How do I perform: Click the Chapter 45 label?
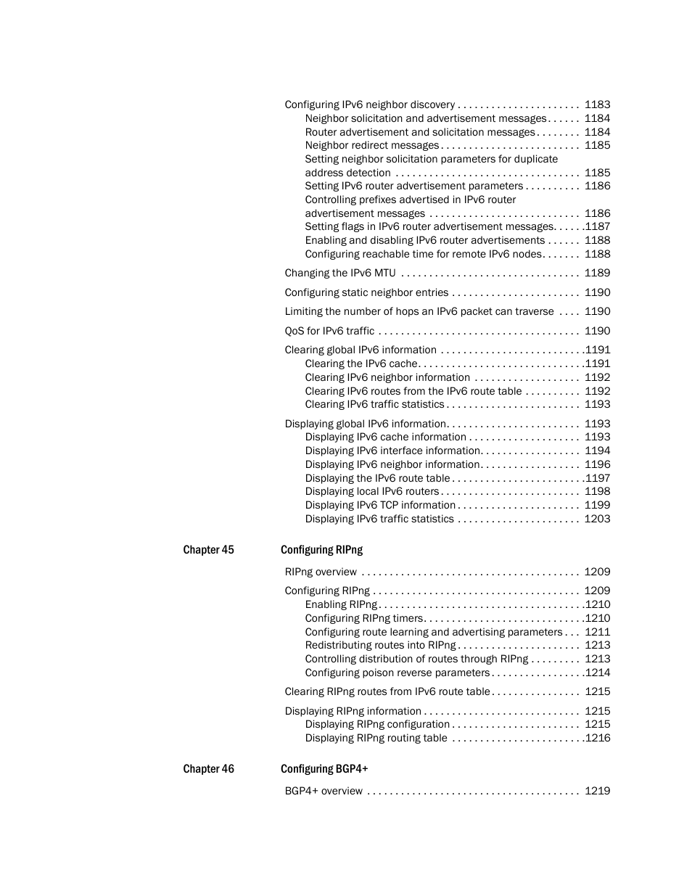(208, 550)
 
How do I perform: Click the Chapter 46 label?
(208, 769)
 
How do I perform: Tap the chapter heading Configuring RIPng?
(321, 550)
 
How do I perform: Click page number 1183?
(597, 104)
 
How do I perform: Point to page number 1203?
(597, 519)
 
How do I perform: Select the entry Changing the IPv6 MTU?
(340, 273)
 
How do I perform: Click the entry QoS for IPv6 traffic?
(329, 331)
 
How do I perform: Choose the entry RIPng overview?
(321, 572)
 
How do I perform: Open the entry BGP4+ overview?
(324, 791)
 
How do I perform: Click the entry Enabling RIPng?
(341, 604)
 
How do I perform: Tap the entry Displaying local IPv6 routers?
(372, 491)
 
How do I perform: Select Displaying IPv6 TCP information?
(380, 505)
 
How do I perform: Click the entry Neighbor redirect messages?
(372, 145)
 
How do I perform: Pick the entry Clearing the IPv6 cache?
(361, 363)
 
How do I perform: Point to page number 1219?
(597, 791)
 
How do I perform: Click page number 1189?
(597, 273)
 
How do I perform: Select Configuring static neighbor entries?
(366, 292)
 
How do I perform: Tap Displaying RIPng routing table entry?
(376, 738)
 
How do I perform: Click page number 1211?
(597, 632)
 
